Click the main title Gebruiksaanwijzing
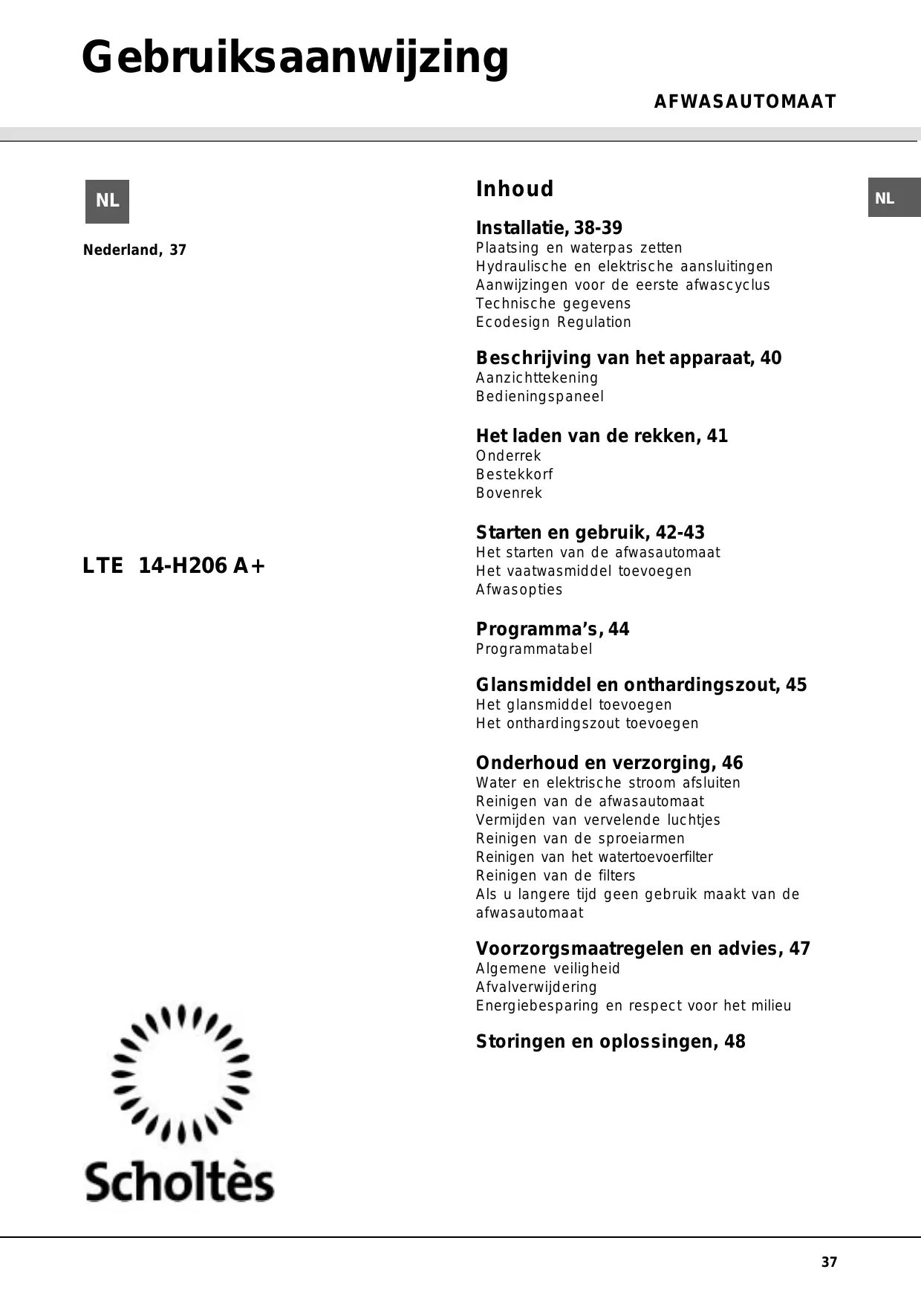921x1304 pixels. [295, 59]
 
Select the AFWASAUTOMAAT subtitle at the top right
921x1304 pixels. [744, 102]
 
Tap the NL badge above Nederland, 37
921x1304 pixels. [107, 201]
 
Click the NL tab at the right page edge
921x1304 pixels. [894, 198]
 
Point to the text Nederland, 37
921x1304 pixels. [134, 250]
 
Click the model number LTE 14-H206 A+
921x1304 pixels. [174, 566]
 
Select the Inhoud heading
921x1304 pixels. [514, 189]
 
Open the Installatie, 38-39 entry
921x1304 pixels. [549, 228]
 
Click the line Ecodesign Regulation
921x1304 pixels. [553, 322]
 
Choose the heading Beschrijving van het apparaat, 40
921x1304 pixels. [628, 358]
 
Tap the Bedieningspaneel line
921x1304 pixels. [540, 396]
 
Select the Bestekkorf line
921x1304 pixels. [514, 474]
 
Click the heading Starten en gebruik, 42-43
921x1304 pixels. [590, 533]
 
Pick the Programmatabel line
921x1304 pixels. [534, 649]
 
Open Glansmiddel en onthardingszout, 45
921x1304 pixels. [641, 685]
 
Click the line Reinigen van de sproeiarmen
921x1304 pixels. [580, 838]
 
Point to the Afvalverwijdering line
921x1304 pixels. [536, 987]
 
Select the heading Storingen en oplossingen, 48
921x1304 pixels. [611, 1042]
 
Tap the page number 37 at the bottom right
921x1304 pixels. [829, 1262]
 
